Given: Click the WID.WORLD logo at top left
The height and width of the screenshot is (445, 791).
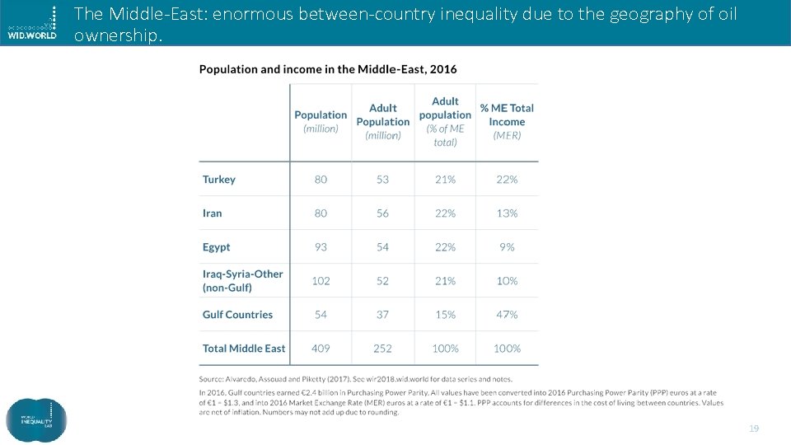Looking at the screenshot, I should (33, 23).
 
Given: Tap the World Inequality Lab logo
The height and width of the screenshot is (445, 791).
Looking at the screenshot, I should (36, 419).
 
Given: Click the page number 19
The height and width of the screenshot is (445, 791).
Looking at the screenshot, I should (752, 429).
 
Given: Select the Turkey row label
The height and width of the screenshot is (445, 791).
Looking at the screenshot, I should (219, 180).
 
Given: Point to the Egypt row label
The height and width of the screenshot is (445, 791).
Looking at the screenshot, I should (217, 247).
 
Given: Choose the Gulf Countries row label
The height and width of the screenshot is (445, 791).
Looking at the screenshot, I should (237, 315).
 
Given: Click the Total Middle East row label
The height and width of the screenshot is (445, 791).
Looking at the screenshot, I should (244, 349).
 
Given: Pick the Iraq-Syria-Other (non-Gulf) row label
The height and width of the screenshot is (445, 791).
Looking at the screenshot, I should (242, 281).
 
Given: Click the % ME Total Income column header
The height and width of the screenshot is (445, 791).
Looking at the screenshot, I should (507, 121).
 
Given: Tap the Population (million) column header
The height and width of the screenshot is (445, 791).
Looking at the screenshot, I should (321, 121).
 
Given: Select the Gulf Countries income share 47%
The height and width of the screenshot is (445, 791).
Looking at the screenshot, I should (507, 315).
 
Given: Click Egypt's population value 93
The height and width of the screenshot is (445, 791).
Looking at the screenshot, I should (321, 247).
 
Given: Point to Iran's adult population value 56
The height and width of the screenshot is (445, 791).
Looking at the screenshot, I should (382, 213).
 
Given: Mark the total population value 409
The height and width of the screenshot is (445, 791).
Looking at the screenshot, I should (321, 349).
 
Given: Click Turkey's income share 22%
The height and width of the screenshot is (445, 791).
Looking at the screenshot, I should (507, 180).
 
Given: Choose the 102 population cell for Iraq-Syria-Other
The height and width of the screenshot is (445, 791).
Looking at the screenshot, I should (321, 281).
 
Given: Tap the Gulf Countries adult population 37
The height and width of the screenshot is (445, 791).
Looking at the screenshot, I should (382, 315).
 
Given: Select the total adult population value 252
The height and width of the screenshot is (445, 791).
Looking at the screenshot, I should (382, 349).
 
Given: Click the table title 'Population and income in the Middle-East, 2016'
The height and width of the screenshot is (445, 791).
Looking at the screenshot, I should (328, 69).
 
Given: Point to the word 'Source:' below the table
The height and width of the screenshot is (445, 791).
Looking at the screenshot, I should (213, 379).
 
